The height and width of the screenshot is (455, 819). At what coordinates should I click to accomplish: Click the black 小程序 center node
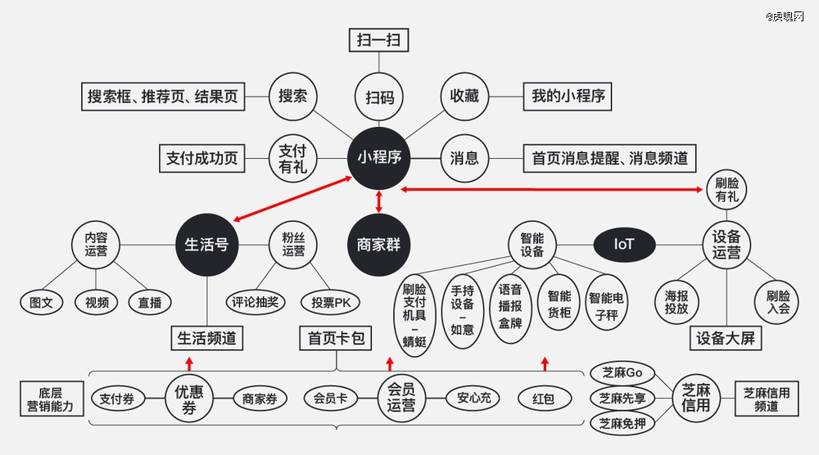378,158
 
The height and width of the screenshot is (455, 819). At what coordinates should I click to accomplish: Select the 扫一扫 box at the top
378,40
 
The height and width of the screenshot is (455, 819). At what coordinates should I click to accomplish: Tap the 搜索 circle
292,97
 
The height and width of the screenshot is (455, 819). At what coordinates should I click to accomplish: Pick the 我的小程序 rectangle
568,97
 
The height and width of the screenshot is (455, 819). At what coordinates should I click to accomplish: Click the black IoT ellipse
624,244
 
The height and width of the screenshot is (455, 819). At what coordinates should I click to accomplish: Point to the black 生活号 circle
207,244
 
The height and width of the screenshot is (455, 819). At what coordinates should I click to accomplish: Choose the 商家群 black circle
378,244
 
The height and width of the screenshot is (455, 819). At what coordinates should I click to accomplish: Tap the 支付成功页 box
202,158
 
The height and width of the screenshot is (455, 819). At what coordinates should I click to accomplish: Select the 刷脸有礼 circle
726,190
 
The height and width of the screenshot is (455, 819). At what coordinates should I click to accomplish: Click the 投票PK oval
331,303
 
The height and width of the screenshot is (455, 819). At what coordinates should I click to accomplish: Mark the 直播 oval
150,303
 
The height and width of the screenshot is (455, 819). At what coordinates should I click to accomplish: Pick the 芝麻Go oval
622,373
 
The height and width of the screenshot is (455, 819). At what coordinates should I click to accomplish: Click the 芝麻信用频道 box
767,399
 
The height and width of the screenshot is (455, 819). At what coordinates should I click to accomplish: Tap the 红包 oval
545,399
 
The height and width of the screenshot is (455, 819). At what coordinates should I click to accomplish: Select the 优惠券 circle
189,399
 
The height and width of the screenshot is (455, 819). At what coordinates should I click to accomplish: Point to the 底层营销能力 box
52,399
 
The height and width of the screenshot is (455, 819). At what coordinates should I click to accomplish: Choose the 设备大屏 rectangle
726,338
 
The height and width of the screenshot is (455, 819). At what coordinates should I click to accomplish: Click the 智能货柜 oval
559,304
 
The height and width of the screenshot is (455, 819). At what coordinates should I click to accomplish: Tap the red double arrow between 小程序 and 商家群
378,201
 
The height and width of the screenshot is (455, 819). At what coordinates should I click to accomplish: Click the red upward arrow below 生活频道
189,363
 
